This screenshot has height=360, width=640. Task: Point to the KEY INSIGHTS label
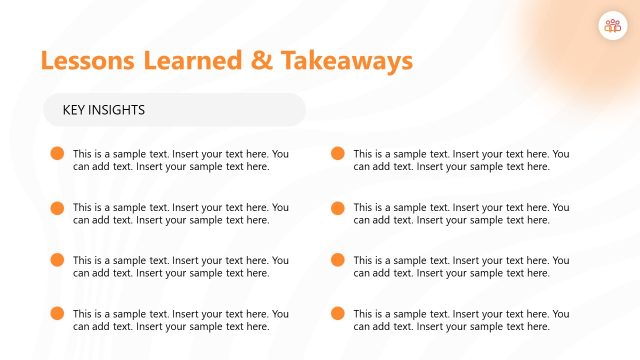[104, 110]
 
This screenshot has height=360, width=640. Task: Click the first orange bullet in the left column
[56, 154]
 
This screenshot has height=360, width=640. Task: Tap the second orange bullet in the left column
[56, 207]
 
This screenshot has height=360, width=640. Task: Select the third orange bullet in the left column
[56, 260]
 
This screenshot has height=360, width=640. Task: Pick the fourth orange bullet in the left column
[56, 313]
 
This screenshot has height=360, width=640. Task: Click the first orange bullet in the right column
[337, 154]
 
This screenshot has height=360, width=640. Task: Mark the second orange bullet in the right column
[337, 207]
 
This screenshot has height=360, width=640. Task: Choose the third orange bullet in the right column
[337, 260]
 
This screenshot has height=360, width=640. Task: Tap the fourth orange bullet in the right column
[337, 313]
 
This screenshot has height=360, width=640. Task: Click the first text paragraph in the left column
[181, 160]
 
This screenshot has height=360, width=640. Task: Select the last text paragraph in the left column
[181, 319]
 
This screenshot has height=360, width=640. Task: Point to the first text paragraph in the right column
[461, 160]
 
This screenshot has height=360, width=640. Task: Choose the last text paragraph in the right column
[461, 319]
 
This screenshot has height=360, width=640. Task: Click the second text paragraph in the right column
[461, 213]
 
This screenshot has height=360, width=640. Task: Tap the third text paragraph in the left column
[181, 266]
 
